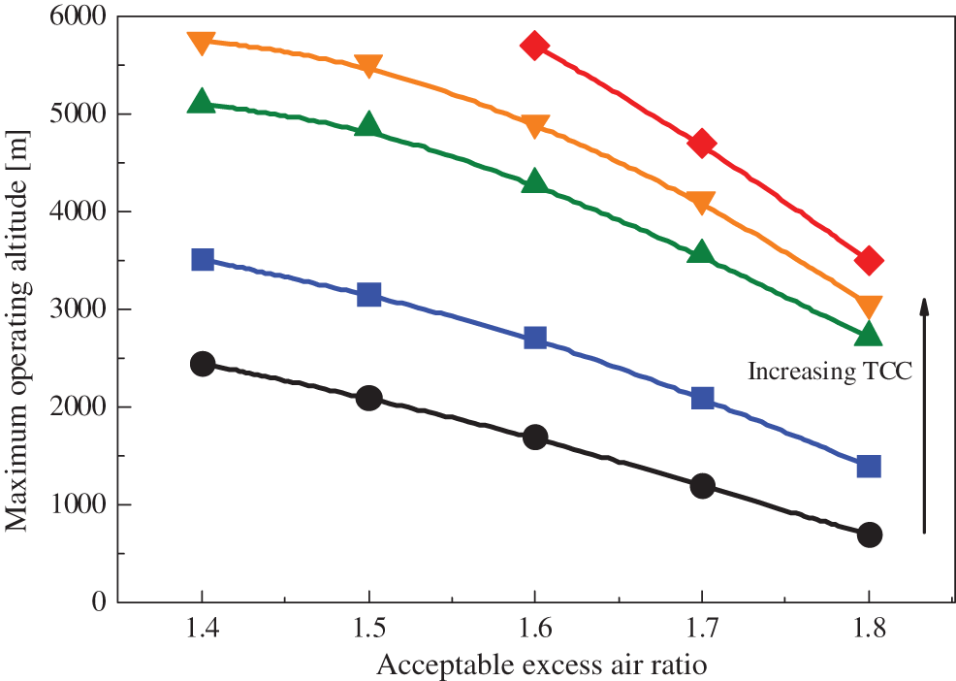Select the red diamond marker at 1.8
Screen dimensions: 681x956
pyautogui.click(x=869, y=260)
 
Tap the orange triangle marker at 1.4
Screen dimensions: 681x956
pyautogui.click(x=202, y=43)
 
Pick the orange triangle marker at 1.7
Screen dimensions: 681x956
pyautogui.click(x=702, y=202)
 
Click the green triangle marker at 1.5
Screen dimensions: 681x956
pyautogui.click(x=368, y=124)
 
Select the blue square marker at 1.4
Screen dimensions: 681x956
pyautogui.click(x=202, y=259)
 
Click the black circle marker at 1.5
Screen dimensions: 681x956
pyautogui.click(x=368, y=398)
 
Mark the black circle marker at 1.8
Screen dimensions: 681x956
pyautogui.click(x=869, y=535)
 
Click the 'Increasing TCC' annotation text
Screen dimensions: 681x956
pyautogui.click(x=830, y=371)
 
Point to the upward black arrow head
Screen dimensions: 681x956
pyautogui.click(x=924, y=306)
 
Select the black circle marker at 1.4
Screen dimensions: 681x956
pyautogui.click(x=202, y=364)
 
